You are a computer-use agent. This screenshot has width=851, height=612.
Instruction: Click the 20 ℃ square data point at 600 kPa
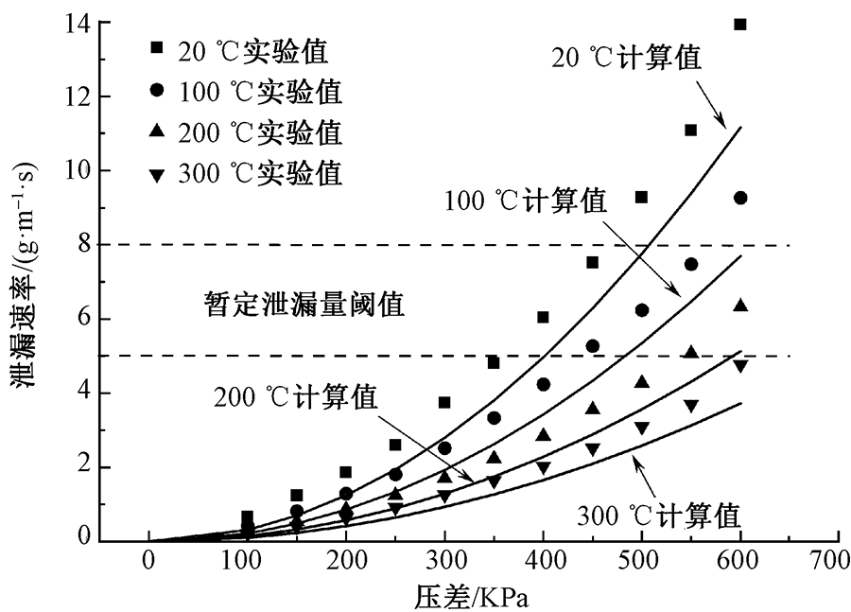pyautogui.click(x=740, y=25)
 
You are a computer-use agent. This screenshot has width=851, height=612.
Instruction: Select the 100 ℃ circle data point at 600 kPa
pyautogui.click(x=740, y=198)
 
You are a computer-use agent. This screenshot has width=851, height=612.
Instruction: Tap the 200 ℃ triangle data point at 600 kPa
pyautogui.click(x=740, y=305)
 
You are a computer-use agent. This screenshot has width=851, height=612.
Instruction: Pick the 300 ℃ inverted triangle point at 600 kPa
pyautogui.click(x=740, y=365)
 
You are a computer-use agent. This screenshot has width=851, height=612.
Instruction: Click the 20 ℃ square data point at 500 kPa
pyautogui.click(x=641, y=197)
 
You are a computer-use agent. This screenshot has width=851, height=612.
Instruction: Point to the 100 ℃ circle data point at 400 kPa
pyautogui.click(x=543, y=384)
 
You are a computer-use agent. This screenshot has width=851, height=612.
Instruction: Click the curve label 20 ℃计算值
pyautogui.click(x=628, y=58)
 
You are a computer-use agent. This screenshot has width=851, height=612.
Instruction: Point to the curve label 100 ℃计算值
pyautogui.click(x=525, y=201)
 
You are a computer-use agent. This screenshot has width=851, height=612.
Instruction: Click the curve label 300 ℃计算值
pyautogui.click(x=658, y=516)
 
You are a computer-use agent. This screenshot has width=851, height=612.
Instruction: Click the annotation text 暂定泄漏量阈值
pyautogui.click(x=304, y=305)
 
